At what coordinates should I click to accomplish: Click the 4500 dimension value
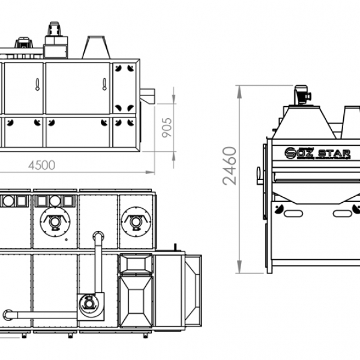click(41, 165)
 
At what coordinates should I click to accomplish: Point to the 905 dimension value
click(167, 128)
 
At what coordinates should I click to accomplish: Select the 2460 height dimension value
click(230, 166)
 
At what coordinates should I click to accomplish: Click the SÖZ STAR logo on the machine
click(317, 154)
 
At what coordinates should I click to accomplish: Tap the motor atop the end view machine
click(302, 95)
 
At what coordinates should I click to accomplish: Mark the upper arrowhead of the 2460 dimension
click(239, 92)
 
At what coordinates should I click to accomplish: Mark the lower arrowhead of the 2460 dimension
click(239, 267)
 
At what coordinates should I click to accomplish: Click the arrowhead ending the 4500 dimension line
click(150, 172)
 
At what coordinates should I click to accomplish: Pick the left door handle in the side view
click(37, 85)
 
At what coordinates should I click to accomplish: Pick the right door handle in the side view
click(104, 84)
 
